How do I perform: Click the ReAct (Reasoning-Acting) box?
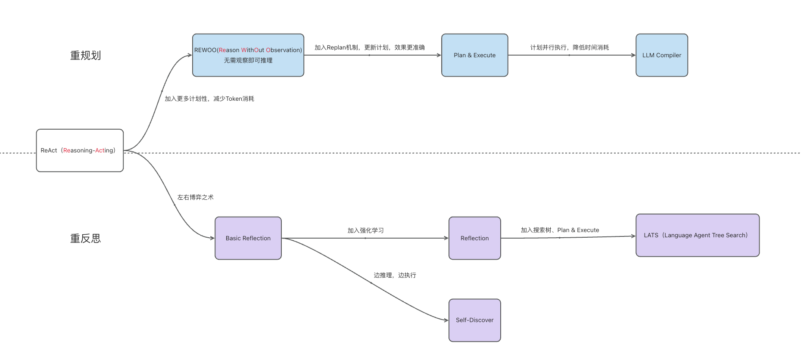[x=80, y=150]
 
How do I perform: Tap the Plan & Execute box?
[x=474, y=55]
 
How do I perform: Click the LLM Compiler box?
[x=661, y=55]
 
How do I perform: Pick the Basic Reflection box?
[x=248, y=238]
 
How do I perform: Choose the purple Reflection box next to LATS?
[x=474, y=238]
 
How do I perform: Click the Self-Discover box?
[x=474, y=320]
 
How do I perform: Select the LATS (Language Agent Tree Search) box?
[x=697, y=235]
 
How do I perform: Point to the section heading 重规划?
[x=85, y=56]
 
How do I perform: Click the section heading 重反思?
[x=85, y=239]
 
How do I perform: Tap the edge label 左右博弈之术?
[x=195, y=197]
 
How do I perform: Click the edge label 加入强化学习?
[x=365, y=230]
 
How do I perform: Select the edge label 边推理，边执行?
[x=395, y=275]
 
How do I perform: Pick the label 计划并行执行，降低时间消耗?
[x=569, y=47]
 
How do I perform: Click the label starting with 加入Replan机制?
[x=369, y=47]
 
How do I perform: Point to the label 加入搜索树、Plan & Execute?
[x=559, y=230]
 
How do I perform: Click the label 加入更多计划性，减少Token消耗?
[x=209, y=99]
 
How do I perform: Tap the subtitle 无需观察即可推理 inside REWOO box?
[x=248, y=60]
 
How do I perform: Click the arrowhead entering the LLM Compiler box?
[x=633, y=55]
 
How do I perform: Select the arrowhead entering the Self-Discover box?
[x=446, y=320]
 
